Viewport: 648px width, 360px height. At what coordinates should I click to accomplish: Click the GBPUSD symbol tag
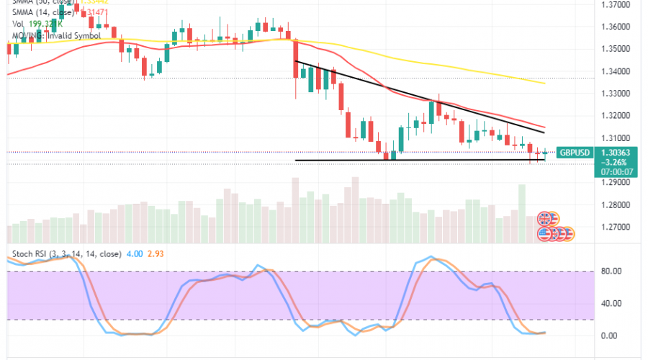(x=576, y=153)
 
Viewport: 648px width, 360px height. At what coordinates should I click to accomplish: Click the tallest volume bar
(x=521, y=204)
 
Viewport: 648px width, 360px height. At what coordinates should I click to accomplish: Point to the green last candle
(x=545, y=153)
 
